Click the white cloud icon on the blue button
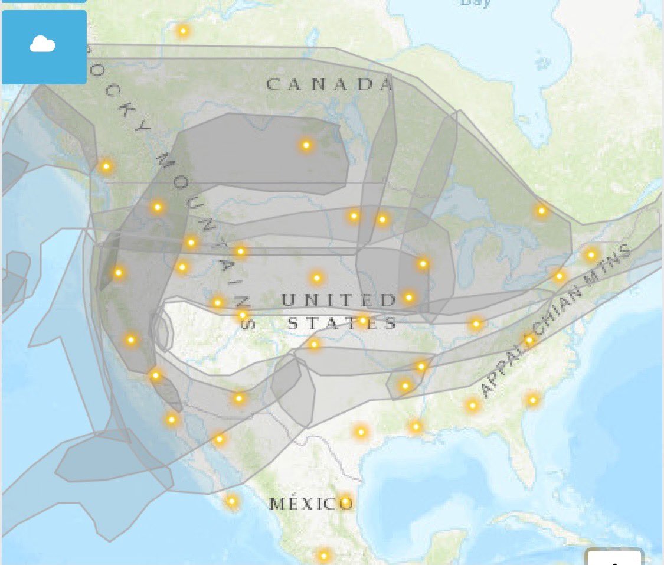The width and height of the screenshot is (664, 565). [42, 44]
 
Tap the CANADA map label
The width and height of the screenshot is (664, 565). [329, 84]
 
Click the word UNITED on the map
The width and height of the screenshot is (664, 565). [339, 300]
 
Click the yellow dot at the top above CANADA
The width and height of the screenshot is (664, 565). [183, 31]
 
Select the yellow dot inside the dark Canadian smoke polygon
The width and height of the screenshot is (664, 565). [306, 145]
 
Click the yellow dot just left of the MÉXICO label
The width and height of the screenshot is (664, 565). [232, 501]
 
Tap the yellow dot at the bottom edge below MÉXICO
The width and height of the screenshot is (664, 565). [323, 555]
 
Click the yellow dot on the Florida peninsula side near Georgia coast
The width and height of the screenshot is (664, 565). [532, 400]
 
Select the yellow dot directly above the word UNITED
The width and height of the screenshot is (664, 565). [317, 277]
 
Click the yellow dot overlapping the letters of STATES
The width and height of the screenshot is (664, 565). [363, 321]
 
